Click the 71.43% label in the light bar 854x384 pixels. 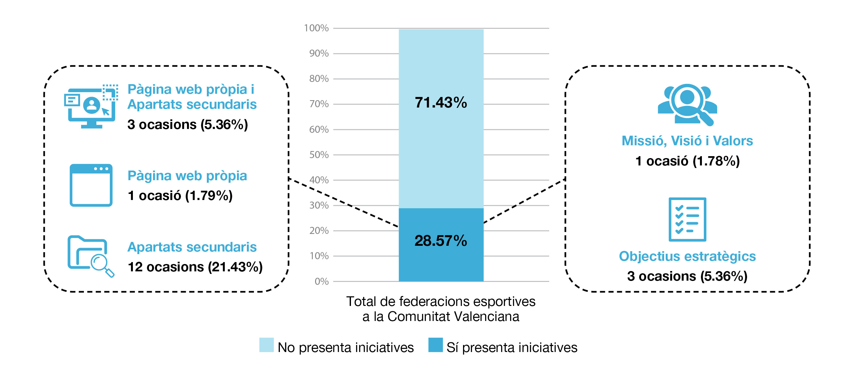pos(441,103)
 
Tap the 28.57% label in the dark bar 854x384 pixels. pos(441,241)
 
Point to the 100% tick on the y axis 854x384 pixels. pos(316,28)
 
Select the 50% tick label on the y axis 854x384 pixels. pos(319,155)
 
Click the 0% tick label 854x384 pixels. pos(321,282)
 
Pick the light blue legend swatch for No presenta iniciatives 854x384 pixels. pos(266,345)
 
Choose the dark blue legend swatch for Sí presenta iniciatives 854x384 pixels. pos(435,345)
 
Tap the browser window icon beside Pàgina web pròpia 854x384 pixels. pos(91,185)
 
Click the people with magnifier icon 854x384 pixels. pos(687,104)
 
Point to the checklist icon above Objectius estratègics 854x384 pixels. pos(687,219)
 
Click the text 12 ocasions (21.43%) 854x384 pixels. pos(195,267)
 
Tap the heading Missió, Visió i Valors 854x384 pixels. pos(687,141)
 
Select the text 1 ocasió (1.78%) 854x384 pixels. pos(687,161)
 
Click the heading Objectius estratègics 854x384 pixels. pos(687,256)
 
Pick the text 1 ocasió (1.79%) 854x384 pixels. pos(180,196)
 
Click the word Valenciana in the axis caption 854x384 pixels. pos(486,316)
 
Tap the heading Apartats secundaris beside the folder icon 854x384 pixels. pos(192,247)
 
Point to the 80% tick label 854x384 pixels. pos(319,79)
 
